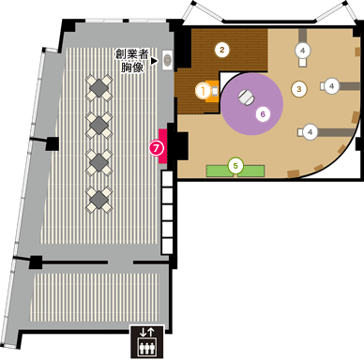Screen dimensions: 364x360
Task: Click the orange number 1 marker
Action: [x=203, y=90]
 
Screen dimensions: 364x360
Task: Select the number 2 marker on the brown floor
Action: [x=222, y=48]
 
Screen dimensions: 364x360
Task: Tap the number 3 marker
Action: [x=299, y=89]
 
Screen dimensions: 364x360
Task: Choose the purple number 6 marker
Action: [x=263, y=113]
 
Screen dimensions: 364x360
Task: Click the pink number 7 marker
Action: [x=157, y=147]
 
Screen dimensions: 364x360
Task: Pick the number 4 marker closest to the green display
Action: [x=310, y=131]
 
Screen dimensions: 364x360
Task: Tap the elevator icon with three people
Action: [x=145, y=346]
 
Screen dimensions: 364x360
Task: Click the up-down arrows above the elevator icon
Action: [x=145, y=331]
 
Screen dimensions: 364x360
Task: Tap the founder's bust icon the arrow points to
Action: [x=168, y=60]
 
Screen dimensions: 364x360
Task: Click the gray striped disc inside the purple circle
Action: [x=247, y=96]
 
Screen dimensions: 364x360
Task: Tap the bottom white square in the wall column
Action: [x=168, y=246]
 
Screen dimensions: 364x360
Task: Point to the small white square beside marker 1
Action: [x=215, y=90]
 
